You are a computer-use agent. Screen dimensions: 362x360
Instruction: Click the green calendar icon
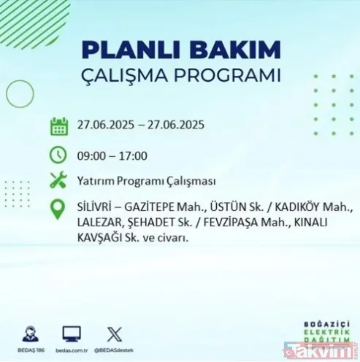click(59, 126)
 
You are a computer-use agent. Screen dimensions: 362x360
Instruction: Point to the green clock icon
click(59, 155)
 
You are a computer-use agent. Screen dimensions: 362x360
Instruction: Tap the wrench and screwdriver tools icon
click(59, 180)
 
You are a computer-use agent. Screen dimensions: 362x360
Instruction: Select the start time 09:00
click(91, 155)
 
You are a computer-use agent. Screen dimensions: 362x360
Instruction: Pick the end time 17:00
click(133, 155)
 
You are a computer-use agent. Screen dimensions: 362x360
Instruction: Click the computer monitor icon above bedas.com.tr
click(71, 334)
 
